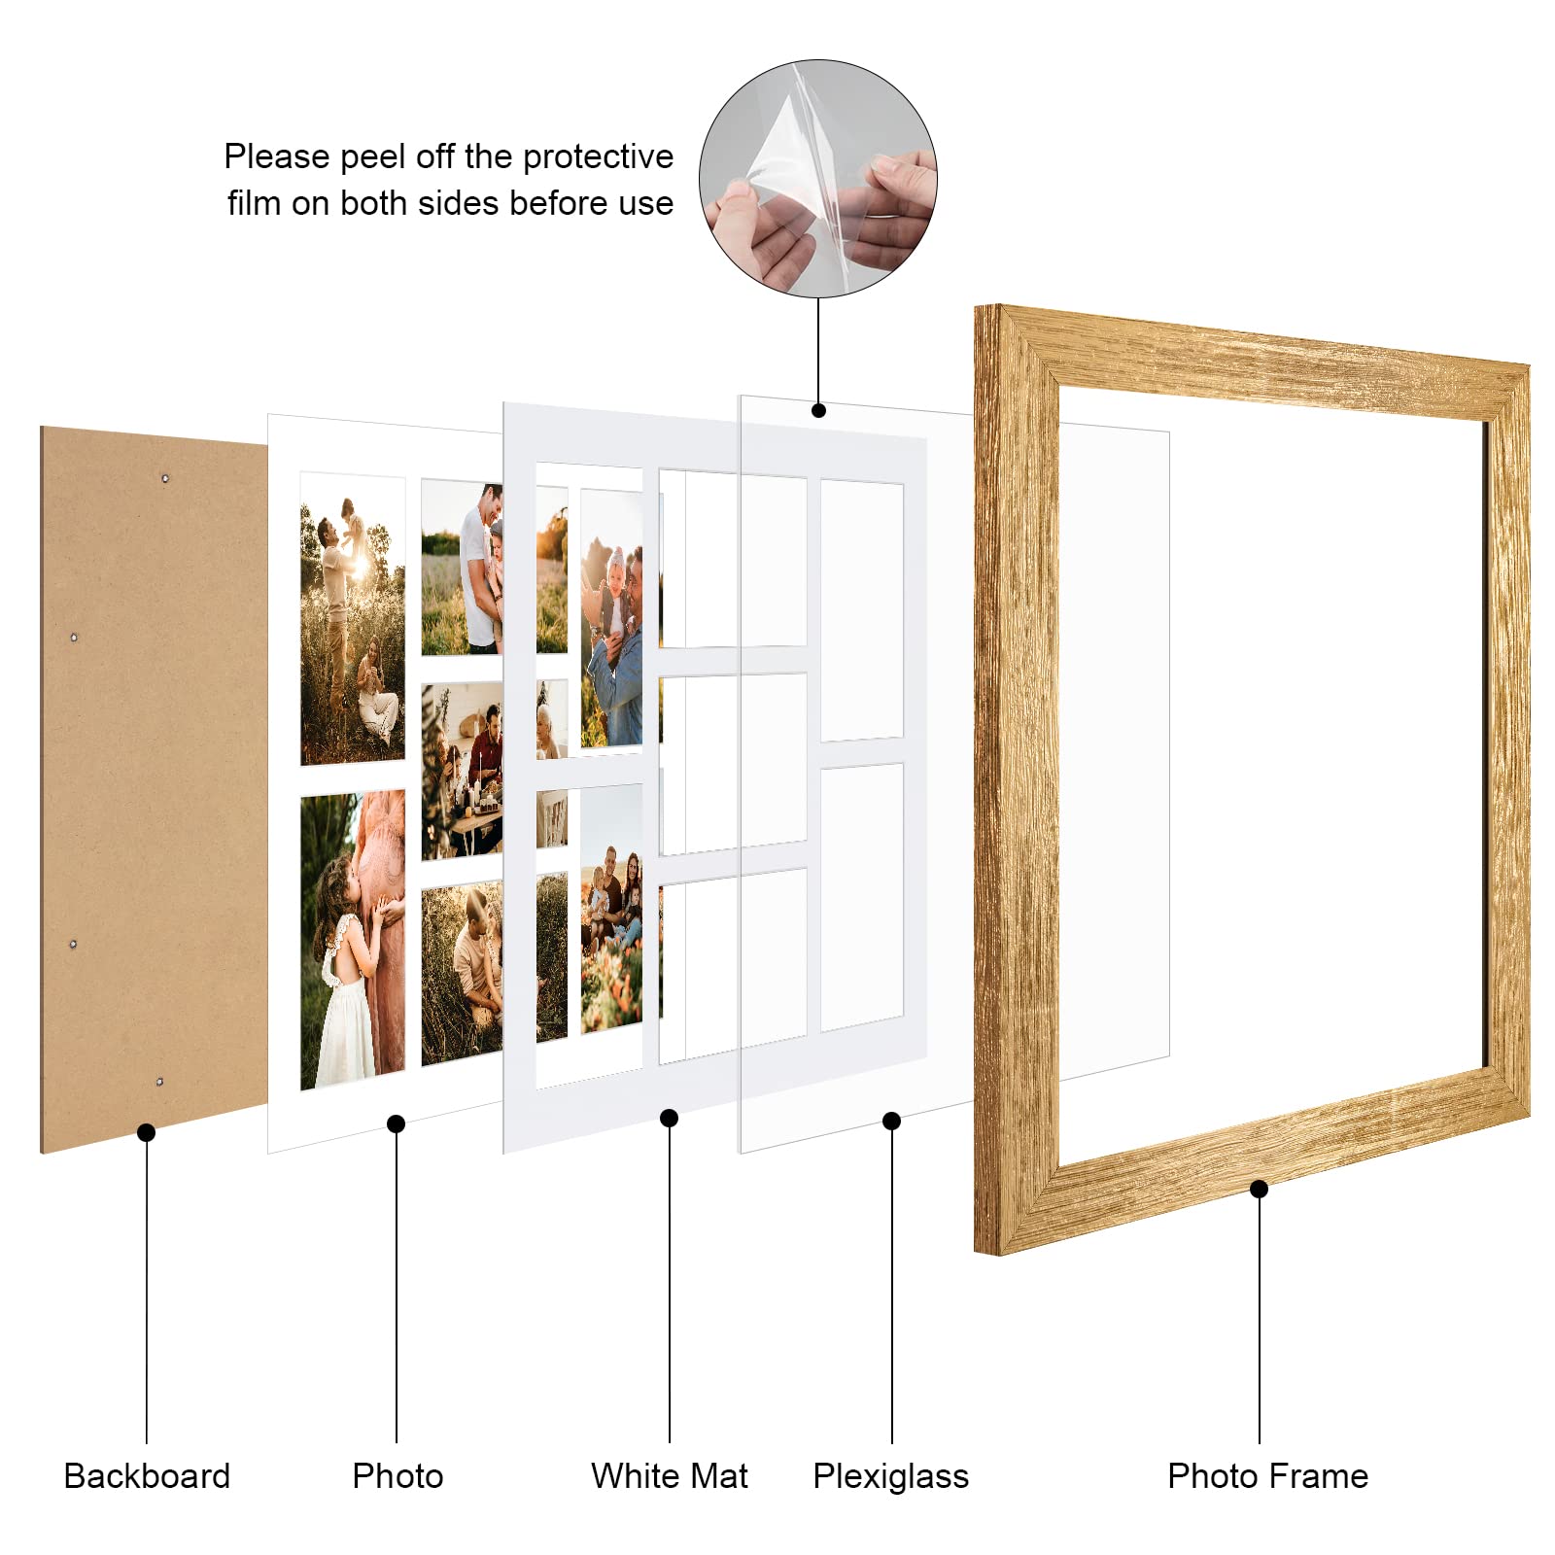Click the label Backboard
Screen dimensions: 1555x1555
point(147,1475)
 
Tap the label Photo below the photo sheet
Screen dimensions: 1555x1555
point(397,1475)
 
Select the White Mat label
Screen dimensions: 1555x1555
point(669,1475)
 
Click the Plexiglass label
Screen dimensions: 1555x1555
point(890,1475)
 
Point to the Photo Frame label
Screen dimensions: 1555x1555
point(1267,1475)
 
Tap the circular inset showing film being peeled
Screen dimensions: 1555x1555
point(817,179)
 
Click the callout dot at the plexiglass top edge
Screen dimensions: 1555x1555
point(818,410)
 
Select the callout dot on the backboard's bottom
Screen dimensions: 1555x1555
point(146,1132)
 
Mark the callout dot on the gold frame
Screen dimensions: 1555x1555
point(1259,1189)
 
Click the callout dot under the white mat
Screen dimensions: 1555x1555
point(669,1119)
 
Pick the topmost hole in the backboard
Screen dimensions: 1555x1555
point(165,478)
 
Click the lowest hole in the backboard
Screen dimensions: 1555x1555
point(159,1081)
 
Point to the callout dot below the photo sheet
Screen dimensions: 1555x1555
point(396,1123)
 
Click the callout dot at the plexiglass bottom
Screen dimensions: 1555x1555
point(891,1122)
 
